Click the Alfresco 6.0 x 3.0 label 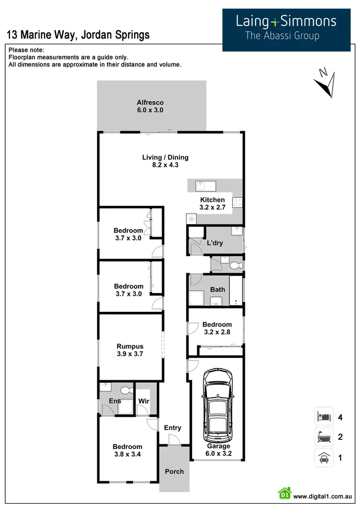tap(150, 106)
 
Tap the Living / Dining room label tap(165, 161)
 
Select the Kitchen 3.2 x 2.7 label tap(212, 203)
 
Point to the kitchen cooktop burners tap(238, 203)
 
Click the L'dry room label tap(215, 243)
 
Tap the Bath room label tap(217, 289)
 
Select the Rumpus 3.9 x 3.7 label tap(130, 350)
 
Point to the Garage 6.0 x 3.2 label tap(218, 450)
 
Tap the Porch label tap(174, 471)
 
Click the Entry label tap(173, 427)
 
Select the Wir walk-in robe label tap(144, 401)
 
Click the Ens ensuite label tap(115, 401)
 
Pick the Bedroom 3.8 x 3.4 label tap(128, 450)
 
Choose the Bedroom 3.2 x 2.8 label tap(217, 328)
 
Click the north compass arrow tap(325, 84)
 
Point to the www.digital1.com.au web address tap(323, 497)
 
